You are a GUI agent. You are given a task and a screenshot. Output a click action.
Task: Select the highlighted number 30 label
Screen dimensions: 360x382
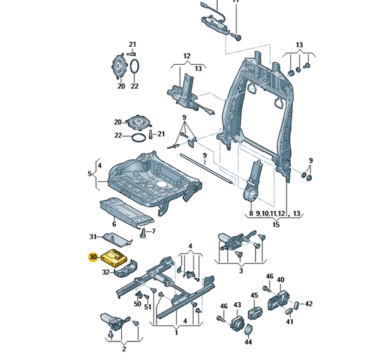tap(92, 257)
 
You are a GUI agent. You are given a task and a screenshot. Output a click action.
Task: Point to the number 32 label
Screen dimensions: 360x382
tap(106, 272)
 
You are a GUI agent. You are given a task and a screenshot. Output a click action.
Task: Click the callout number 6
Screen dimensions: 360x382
tap(114, 224)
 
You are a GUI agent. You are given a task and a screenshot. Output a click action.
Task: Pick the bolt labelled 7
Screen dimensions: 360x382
tap(143, 232)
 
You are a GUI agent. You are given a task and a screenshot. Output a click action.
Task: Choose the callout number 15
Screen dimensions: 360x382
tap(276, 225)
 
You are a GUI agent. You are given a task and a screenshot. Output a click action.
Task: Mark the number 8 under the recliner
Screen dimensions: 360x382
tap(251, 214)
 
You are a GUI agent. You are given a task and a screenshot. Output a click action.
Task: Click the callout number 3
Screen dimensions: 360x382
tap(241, 271)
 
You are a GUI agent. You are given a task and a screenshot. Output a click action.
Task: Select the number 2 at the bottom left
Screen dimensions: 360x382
tap(124, 349)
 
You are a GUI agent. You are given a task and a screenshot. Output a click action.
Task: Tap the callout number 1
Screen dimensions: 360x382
tap(176, 332)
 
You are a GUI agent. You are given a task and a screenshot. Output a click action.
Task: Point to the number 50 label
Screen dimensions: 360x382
tap(137, 304)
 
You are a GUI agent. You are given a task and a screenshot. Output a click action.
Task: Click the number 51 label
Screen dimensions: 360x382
tap(148, 307)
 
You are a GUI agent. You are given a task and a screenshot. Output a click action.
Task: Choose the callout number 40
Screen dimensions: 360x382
tap(281, 280)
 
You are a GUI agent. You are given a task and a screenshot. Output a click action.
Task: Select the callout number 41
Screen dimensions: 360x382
tap(290, 322)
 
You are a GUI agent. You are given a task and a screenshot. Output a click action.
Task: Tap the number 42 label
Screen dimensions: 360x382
tap(309, 304)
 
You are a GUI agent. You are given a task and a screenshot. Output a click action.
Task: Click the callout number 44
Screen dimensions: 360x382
tap(248, 342)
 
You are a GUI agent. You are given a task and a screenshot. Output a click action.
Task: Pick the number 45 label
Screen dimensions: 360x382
tap(254, 295)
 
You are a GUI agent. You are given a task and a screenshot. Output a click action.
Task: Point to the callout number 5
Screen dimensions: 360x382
tap(90, 174)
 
